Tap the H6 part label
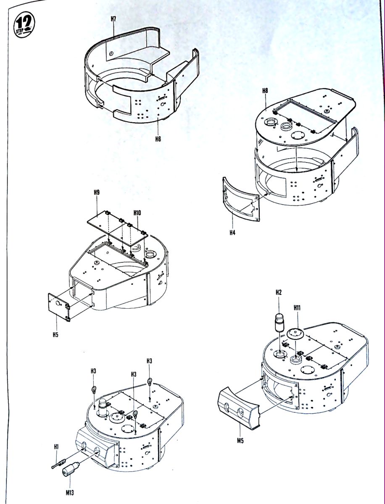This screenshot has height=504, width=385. [x=158, y=139]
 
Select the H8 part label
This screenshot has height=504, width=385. [x=265, y=90]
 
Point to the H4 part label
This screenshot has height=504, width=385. [x=232, y=233]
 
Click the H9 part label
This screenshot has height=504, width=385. [x=97, y=192]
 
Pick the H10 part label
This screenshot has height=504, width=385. [x=137, y=213]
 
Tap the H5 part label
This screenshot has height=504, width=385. [x=55, y=335]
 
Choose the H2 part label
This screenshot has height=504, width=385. [x=278, y=292]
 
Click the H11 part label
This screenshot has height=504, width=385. [x=297, y=308]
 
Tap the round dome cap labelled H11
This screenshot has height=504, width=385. [x=295, y=334]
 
